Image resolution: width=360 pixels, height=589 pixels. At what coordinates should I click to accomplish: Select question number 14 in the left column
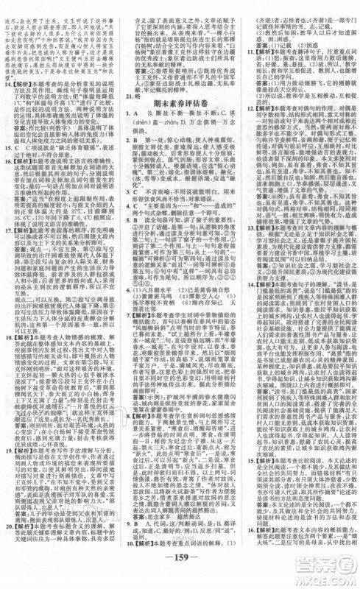click(7, 84)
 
